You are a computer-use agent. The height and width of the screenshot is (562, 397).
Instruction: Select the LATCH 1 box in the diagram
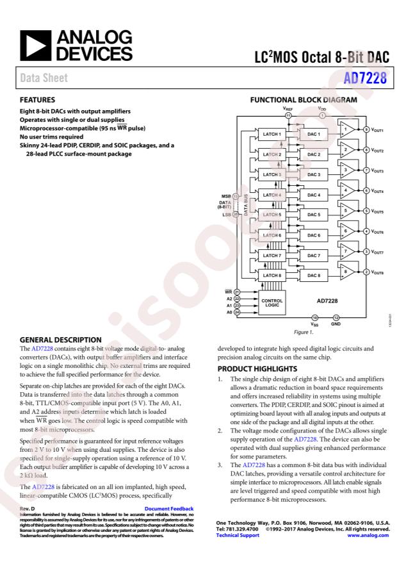pyautogui.click(x=272, y=134)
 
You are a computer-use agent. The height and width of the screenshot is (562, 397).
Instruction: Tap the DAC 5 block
pyautogui.click(x=314, y=215)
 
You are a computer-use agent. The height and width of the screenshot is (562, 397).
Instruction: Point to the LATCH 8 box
pyautogui.click(x=272, y=276)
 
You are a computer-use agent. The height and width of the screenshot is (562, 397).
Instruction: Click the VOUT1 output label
pyautogui.click(x=378, y=130)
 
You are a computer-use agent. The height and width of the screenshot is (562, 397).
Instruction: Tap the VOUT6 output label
pyautogui.click(x=378, y=232)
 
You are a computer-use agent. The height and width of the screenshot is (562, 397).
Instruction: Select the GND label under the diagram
pyautogui.click(x=336, y=324)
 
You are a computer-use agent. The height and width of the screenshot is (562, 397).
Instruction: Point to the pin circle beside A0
pyautogui.click(x=236, y=312)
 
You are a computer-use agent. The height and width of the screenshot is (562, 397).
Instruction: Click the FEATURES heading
pyautogui.click(x=38, y=101)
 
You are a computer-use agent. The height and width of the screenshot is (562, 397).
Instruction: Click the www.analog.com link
pyautogui.click(x=368, y=535)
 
